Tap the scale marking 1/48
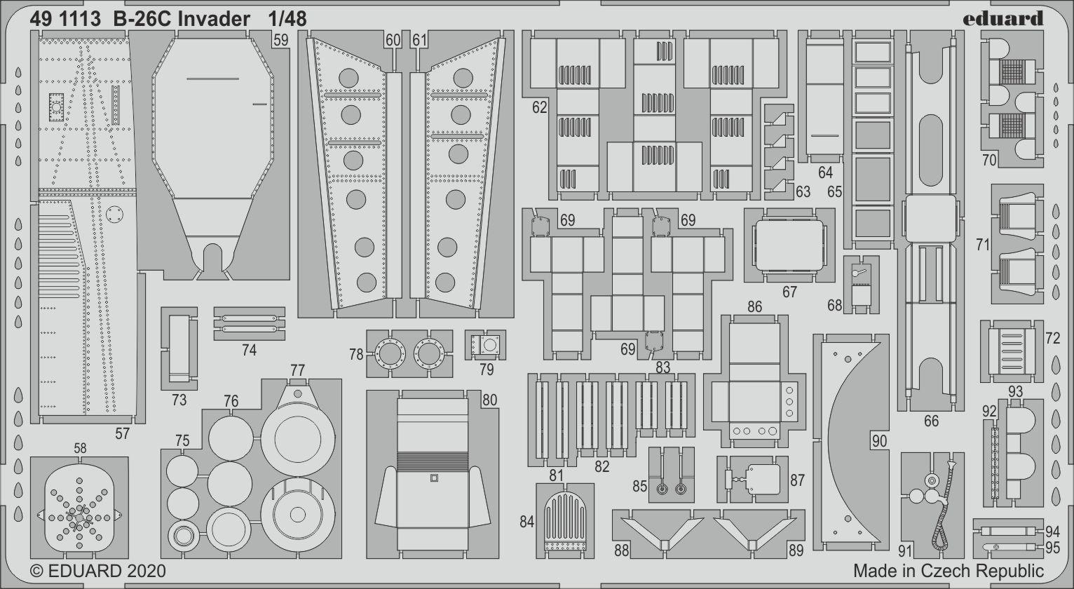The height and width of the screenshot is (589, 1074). point(287,20)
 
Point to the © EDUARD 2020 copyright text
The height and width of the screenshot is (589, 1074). point(98,571)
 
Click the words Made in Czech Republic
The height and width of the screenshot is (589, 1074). point(949,571)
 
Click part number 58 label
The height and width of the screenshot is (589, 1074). point(80,448)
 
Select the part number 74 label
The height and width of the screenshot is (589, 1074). point(249,351)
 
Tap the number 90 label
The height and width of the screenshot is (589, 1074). point(879,441)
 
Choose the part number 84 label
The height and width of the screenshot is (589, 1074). point(527,522)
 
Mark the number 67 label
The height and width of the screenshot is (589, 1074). point(789,292)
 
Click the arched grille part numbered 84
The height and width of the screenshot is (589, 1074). point(565,521)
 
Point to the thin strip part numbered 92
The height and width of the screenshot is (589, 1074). point(993,463)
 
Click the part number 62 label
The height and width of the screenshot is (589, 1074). point(539,107)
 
